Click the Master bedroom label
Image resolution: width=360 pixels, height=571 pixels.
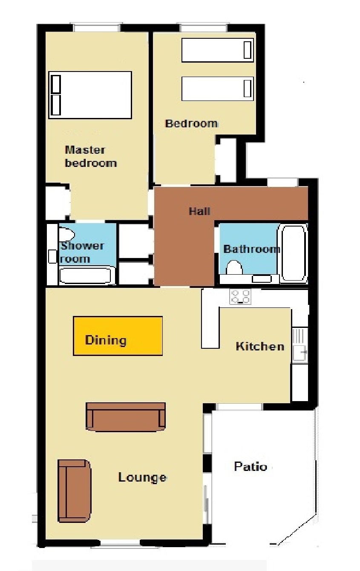click(90, 156)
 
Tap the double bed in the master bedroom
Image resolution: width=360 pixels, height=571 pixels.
click(90, 95)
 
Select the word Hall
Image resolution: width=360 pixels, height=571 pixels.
click(199, 211)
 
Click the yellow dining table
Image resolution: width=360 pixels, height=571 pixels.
click(118, 336)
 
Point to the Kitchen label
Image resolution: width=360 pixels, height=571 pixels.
click(260, 346)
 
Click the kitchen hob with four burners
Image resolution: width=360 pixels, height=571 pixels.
click(240, 296)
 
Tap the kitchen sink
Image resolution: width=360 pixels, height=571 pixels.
click(300, 345)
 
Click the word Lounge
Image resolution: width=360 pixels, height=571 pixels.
click(142, 477)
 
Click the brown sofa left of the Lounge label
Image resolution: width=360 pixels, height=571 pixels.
click(75, 491)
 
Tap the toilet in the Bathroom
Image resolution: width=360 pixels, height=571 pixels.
click(234, 267)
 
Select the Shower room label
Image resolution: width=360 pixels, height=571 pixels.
click(82, 252)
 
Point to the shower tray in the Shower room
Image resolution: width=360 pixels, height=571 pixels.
click(86, 275)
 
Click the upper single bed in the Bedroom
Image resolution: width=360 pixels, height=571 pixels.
click(218, 50)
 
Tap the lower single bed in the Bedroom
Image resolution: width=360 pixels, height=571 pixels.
click(218, 88)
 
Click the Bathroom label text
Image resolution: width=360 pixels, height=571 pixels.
click(251, 249)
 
